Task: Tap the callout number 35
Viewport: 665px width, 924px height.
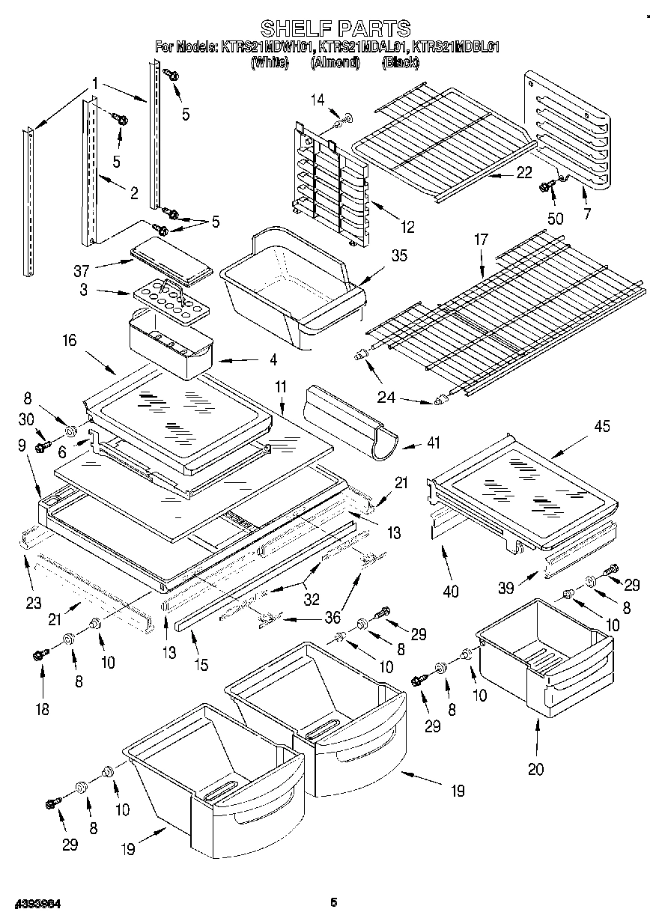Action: pos(400,255)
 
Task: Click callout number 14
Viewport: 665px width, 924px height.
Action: pos(318,99)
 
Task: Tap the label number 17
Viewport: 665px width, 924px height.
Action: pos(480,240)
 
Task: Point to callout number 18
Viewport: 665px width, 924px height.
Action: pos(42,708)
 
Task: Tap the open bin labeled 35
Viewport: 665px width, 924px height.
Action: pos(292,288)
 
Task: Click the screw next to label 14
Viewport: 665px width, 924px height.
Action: pos(344,118)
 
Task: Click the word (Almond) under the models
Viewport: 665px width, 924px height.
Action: pos(335,63)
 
